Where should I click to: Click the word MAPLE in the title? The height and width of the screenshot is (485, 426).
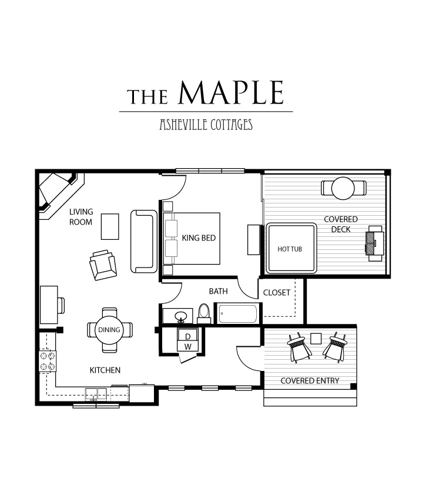231,92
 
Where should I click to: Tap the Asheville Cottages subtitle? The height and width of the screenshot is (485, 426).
206,125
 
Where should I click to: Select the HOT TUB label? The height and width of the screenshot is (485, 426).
290,249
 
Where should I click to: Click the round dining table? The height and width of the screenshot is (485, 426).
109,330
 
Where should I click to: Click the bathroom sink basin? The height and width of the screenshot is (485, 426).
180,316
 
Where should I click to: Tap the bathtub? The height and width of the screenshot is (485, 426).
237,314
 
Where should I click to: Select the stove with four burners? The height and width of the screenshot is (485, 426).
47,361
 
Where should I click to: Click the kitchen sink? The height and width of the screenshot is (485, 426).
96,394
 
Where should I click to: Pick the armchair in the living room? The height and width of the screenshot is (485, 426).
103,265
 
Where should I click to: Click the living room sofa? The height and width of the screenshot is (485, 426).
144,241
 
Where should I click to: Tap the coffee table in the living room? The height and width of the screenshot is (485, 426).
110,226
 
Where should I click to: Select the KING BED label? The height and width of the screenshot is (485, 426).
199,238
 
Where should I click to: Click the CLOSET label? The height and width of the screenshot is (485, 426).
277,293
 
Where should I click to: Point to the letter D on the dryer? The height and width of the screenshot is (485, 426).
187,336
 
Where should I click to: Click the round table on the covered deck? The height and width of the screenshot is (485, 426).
343,188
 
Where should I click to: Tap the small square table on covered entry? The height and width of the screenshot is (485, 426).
316,339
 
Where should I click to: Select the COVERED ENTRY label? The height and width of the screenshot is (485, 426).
310,381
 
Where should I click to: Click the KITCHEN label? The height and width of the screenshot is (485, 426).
105,370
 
